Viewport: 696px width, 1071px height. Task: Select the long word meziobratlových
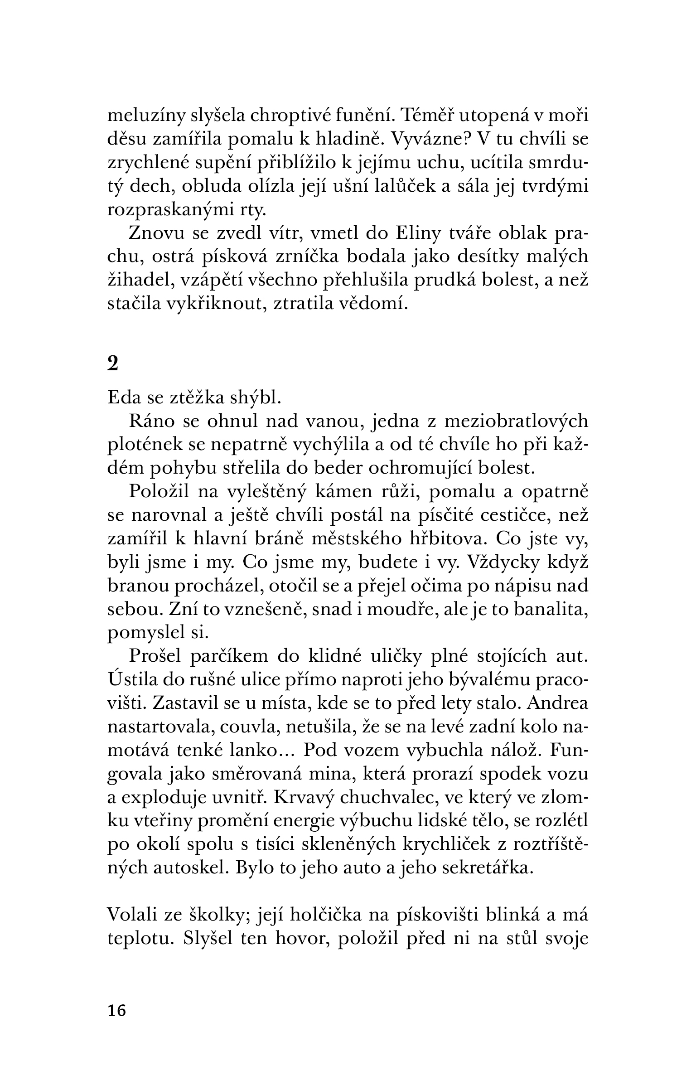point(516,422)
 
